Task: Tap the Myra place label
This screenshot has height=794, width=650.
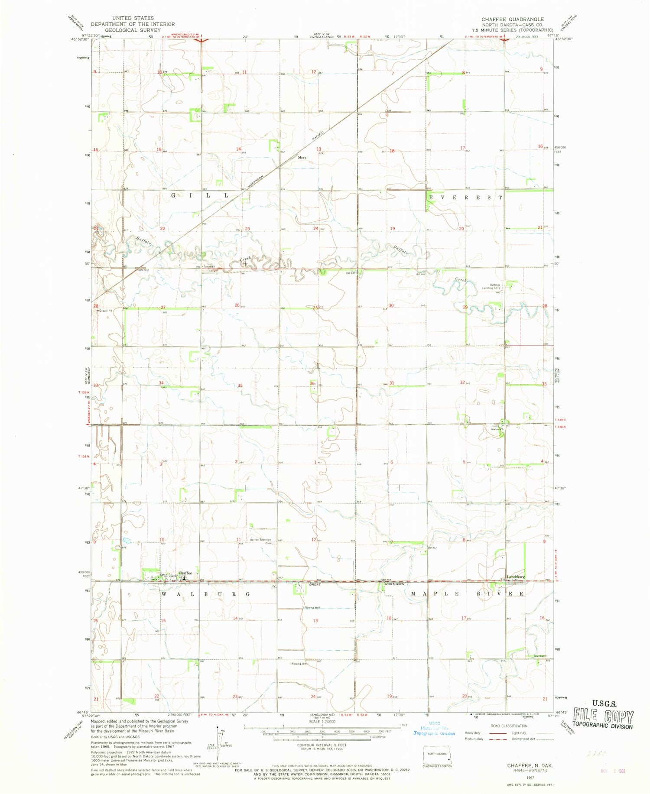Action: (302, 158)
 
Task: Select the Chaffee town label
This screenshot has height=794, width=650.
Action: (185, 573)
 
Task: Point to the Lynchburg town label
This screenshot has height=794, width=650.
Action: (516, 577)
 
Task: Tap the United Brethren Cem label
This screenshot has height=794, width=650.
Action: (261, 541)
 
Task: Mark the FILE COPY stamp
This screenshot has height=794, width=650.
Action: (603, 717)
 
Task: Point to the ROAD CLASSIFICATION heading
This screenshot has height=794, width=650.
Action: (509, 726)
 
